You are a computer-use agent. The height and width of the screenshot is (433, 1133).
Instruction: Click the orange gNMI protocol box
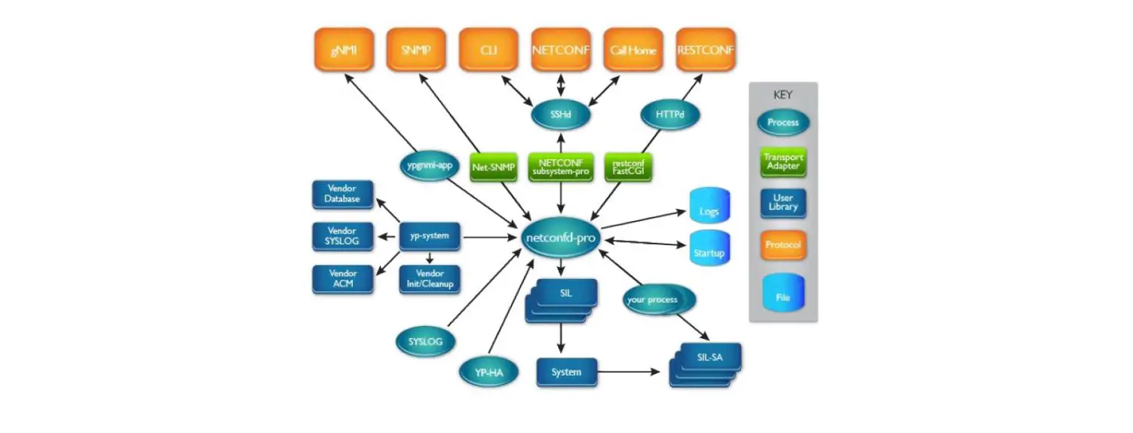point(343,51)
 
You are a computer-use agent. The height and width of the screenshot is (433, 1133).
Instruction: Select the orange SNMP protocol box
point(415,51)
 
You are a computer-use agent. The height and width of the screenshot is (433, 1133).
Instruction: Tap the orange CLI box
point(488,51)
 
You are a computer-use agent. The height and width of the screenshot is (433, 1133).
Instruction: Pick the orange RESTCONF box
point(706,51)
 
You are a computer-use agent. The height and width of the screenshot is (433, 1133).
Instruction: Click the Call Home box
point(633,51)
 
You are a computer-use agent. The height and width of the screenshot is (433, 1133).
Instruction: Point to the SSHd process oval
point(560,115)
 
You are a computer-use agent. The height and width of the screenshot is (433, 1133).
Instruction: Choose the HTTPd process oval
point(670,115)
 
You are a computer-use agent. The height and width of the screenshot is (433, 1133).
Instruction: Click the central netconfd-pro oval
point(560,237)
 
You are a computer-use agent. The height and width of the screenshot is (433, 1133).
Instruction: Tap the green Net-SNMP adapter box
point(493,167)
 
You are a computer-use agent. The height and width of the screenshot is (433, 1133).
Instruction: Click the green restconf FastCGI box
point(627,167)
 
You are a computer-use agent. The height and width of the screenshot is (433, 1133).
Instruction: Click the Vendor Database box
point(342,194)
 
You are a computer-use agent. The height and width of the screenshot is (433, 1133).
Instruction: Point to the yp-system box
point(430,236)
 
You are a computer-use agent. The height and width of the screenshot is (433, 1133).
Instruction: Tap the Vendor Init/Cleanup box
point(430,279)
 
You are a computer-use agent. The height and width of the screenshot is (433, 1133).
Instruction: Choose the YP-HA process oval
point(488,372)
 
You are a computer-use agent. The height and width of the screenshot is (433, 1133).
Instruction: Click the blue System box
point(566,372)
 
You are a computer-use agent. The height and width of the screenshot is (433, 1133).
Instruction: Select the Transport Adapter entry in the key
point(783,162)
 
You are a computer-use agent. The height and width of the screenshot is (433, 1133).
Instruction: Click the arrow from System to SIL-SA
point(630,372)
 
